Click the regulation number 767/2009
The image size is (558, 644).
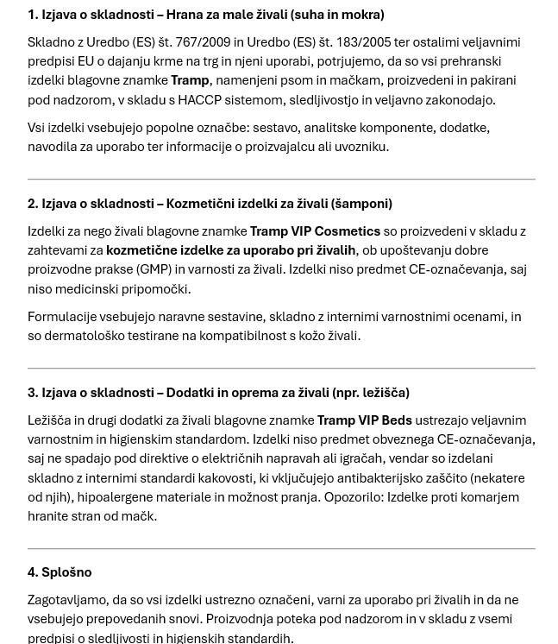point(203,41)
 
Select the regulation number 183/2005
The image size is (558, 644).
point(361,41)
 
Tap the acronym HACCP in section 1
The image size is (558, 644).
point(199,99)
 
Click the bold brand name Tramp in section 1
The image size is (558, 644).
point(190,80)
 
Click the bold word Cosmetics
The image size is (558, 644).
point(348,231)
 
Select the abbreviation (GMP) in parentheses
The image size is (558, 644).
point(154,269)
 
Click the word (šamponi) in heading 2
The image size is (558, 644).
point(361,204)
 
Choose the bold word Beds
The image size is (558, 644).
point(397,420)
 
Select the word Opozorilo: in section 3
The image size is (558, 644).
point(354,497)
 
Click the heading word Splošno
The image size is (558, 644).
point(66,572)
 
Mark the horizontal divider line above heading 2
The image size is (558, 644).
point(281,180)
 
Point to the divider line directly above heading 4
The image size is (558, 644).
point(281,548)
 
